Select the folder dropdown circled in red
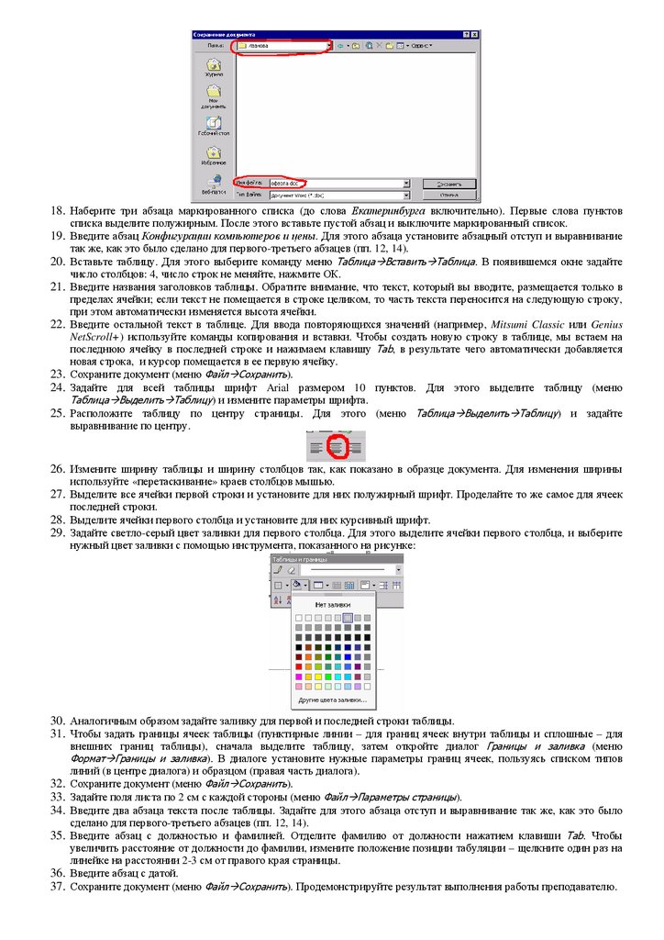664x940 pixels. point(282,44)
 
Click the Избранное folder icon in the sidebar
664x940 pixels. point(213,155)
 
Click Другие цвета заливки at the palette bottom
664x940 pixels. point(331,700)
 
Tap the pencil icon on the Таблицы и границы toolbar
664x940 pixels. point(278,570)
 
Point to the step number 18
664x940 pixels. point(57,211)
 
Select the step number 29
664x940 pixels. point(57,532)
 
